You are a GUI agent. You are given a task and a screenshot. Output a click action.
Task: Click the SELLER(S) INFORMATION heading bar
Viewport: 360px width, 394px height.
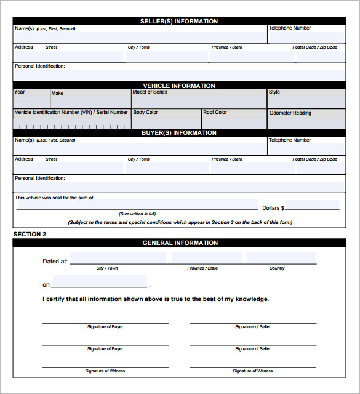tap(179, 22)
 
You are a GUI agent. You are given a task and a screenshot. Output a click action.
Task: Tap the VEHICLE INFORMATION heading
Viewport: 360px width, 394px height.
tap(179, 86)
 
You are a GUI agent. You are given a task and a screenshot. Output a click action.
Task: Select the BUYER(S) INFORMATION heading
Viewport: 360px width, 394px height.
tap(179, 133)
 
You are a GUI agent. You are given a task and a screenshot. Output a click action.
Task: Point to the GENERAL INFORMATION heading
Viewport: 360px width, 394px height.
tap(180, 243)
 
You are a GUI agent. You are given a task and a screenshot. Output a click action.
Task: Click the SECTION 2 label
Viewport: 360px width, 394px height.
tap(30, 235)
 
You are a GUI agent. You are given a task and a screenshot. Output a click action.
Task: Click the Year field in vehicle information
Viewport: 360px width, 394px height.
tap(31, 100)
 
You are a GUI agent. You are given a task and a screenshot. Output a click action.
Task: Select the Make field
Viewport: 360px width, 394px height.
tap(90, 100)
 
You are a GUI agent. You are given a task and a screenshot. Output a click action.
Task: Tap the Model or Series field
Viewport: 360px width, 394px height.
tap(198, 100)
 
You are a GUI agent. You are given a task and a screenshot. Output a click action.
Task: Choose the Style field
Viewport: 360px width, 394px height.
tap(305, 100)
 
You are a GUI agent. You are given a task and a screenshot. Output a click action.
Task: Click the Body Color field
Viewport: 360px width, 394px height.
tap(166, 121)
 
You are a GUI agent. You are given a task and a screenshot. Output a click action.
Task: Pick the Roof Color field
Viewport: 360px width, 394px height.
tap(234, 121)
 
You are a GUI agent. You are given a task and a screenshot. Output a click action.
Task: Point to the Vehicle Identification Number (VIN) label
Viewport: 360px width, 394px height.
tap(71, 113)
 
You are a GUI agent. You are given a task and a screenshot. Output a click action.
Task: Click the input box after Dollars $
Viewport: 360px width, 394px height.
tap(312, 206)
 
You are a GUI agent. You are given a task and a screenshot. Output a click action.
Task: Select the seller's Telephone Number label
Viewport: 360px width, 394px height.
tap(289, 28)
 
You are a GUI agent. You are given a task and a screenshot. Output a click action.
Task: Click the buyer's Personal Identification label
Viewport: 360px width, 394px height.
tap(40, 179)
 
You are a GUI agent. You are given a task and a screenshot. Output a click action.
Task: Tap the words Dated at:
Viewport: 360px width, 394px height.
tap(55, 262)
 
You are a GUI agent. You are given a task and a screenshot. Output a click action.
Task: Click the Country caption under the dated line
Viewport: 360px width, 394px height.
tap(277, 268)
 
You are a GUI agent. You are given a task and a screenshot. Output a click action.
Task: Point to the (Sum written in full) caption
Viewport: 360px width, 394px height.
tap(137, 214)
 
